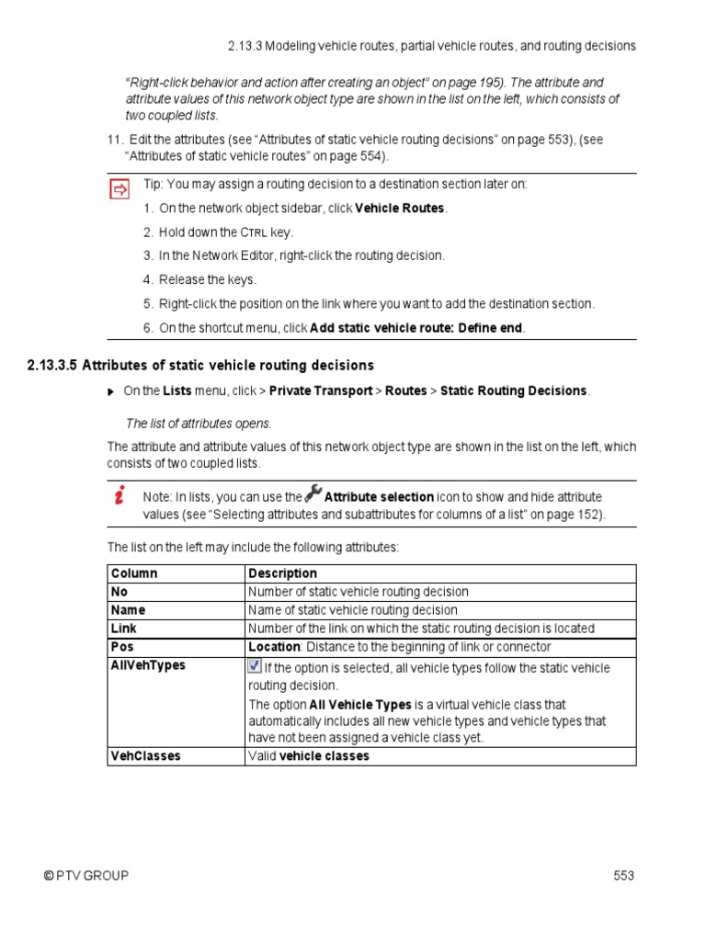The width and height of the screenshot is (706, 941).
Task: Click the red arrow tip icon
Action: click(120, 189)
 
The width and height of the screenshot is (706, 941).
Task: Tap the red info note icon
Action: click(120, 496)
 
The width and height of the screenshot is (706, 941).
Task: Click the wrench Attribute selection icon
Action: click(313, 493)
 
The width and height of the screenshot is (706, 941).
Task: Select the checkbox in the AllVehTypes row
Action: click(255, 665)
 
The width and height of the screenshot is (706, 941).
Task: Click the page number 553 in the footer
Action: click(624, 876)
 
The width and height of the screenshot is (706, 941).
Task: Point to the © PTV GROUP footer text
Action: click(86, 876)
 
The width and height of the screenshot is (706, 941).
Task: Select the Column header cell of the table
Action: click(134, 573)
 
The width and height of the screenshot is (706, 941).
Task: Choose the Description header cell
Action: click(282, 573)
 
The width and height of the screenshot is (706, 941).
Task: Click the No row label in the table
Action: click(120, 592)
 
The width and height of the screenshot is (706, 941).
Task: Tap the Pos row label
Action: click(122, 647)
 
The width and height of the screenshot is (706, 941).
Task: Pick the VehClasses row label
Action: click(145, 756)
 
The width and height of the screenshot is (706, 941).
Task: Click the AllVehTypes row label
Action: click(148, 665)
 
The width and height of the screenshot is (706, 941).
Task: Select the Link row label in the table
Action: click(124, 629)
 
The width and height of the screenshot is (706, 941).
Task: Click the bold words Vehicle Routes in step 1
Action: click(400, 209)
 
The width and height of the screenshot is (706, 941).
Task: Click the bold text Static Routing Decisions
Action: click(513, 391)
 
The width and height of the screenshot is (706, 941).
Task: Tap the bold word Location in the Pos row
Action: click(274, 647)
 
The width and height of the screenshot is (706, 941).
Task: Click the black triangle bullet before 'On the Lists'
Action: click(112, 391)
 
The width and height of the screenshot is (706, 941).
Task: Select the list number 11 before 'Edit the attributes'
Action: click(115, 140)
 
